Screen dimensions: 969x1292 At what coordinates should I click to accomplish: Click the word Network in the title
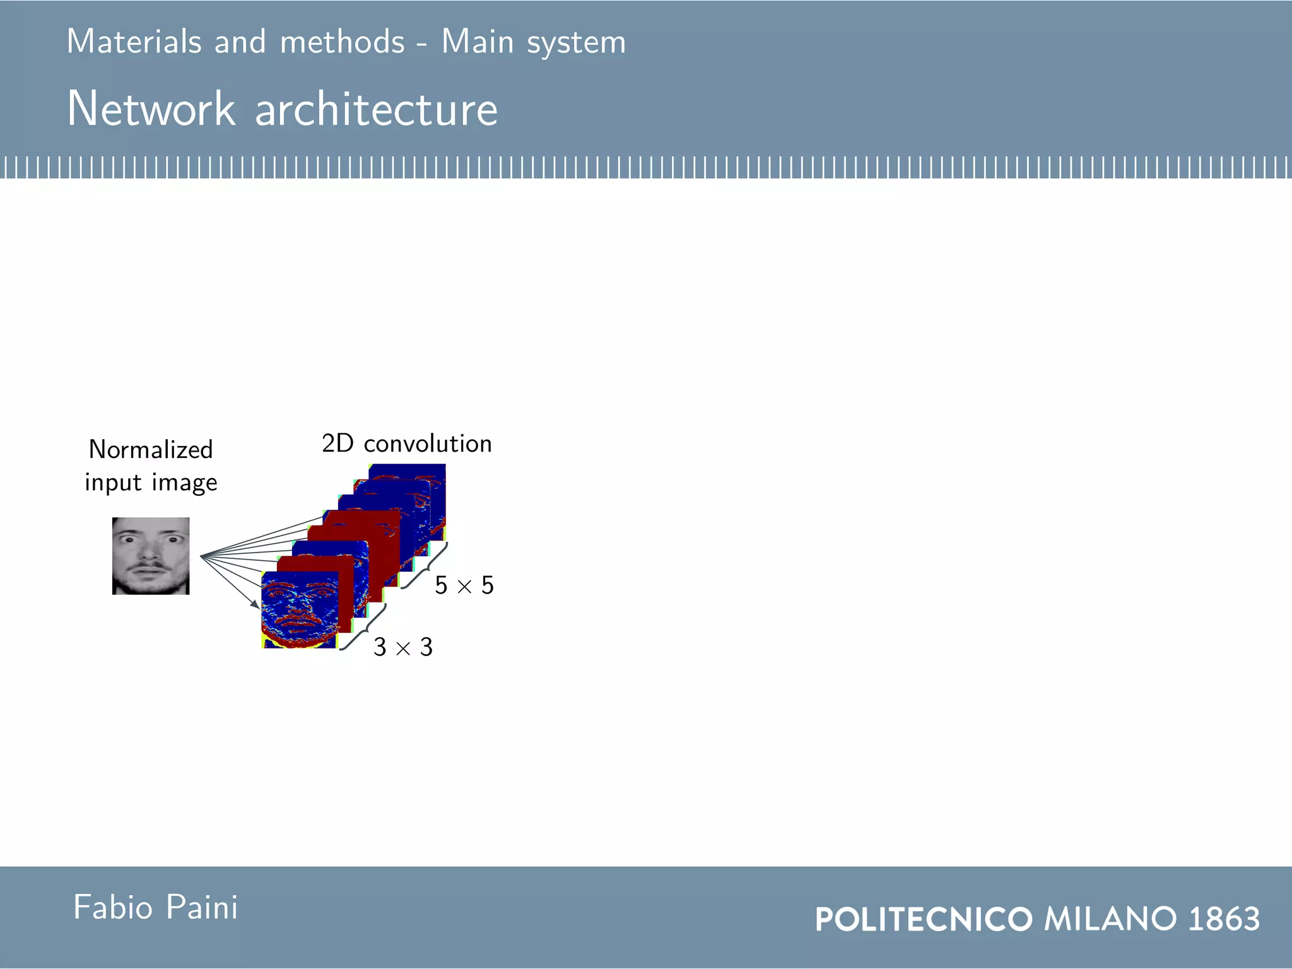click(151, 109)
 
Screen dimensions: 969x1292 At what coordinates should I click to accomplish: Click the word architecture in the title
click(377, 109)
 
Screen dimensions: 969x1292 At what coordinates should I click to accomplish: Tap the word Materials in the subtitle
click(134, 42)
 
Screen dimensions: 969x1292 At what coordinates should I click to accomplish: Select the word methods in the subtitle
click(342, 42)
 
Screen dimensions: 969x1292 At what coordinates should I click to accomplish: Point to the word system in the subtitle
click(576, 43)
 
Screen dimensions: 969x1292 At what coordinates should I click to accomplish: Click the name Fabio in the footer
click(113, 907)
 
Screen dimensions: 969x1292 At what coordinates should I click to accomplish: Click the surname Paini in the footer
click(202, 907)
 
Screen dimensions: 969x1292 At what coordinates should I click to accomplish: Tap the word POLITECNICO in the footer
click(924, 919)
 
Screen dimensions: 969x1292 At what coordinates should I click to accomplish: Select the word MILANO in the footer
click(1110, 919)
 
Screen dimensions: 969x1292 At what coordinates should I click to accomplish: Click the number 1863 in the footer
click(1224, 919)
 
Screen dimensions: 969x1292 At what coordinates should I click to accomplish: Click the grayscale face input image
click(151, 556)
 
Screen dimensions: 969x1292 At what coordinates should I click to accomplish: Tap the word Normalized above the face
click(151, 449)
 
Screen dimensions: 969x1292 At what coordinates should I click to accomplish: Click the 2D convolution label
click(406, 443)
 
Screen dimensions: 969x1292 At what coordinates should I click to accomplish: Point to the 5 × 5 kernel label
click(464, 585)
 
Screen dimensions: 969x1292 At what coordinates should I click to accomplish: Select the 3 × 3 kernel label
click(403, 647)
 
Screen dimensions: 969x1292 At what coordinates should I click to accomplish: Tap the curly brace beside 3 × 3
click(363, 627)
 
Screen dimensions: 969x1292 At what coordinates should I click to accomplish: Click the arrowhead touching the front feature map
click(255, 604)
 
